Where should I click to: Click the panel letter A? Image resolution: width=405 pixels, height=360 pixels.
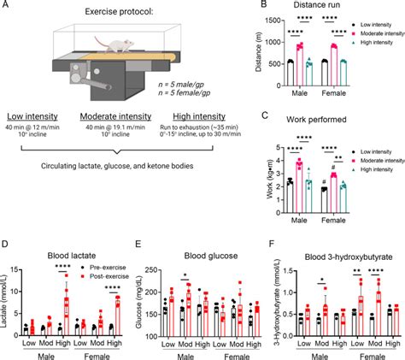(7, 6)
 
